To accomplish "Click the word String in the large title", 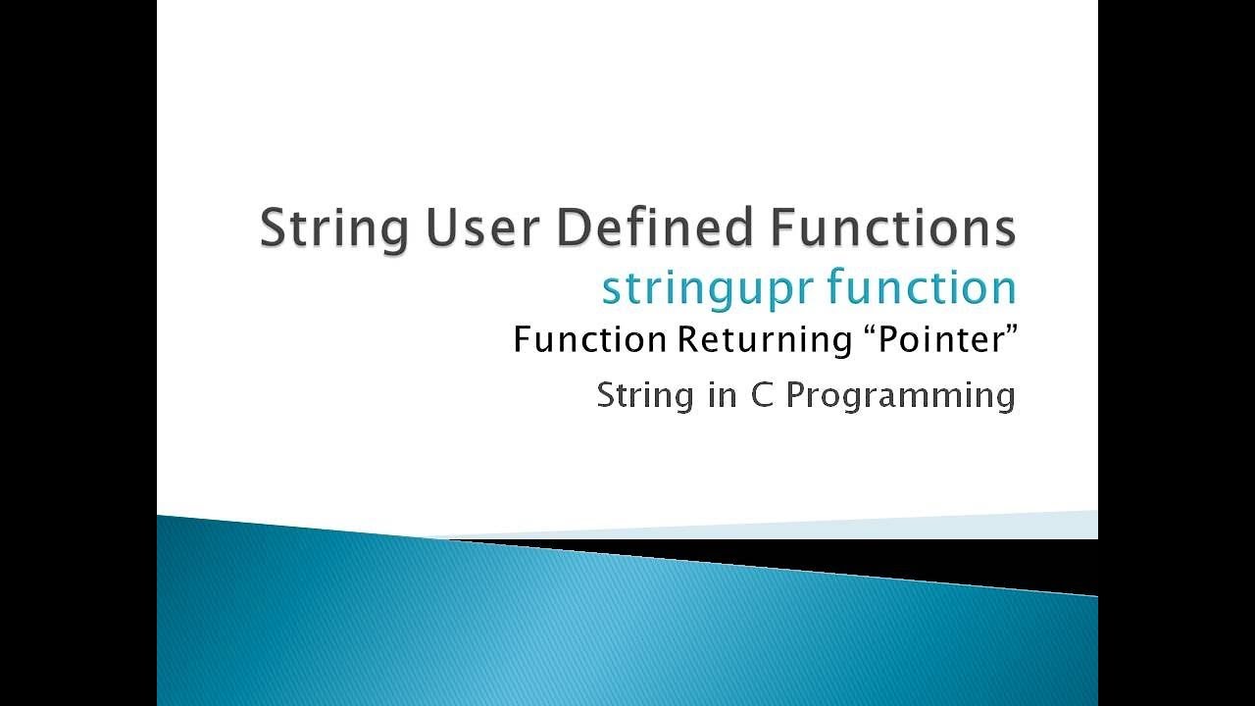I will [x=333, y=229].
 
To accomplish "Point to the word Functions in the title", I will [x=892, y=227].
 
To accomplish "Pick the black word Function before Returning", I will [x=590, y=340].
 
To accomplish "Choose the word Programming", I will [x=900, y=397].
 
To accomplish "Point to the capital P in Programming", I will [x=795, y=395].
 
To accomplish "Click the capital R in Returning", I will [x=684, y=340].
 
